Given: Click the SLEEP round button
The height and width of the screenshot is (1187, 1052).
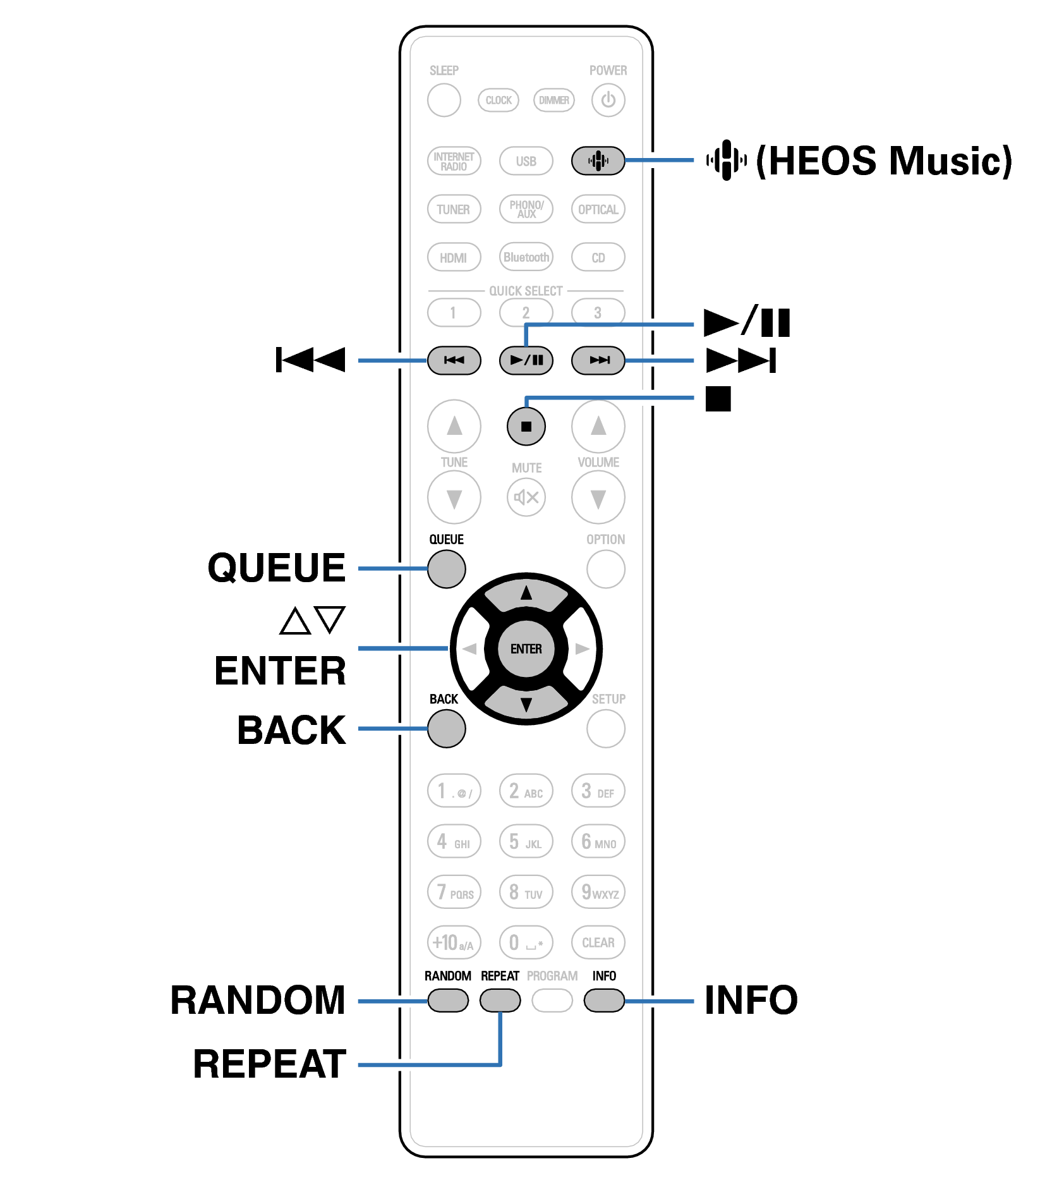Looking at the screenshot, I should pyautogui.click(x=444, y=100).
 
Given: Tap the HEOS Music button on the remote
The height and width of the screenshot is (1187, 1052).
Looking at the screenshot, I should pyautogui.click(x=597, y=161).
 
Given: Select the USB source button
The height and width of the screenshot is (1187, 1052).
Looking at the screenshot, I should pyautogui.click(x=526, y=161).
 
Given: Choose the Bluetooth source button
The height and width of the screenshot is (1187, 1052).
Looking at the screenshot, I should pyautogui.click(x=526, y=257).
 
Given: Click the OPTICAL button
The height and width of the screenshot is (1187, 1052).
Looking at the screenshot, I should pyautogui.click(x=597, y=209).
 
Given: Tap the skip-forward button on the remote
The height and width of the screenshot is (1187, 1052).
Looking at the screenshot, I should pyautogui.click(x=597, y=360).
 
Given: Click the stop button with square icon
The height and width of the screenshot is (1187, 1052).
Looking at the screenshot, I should pyautogui.click(x=526, y=427).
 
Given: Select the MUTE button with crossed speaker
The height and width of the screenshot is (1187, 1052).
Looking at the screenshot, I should pyautogui.click(x=526, y=497).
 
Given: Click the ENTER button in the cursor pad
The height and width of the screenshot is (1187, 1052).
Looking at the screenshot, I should pyautogui.click(x=526, y=649).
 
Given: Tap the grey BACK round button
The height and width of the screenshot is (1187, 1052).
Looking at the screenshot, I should pyautogui.click(x=446, y=729).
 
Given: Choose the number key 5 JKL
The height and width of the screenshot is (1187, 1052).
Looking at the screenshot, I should pyautogui.click(x=526, y=842).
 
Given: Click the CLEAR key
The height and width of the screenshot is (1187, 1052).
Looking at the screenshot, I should pyautogui.click(x=597, y=942).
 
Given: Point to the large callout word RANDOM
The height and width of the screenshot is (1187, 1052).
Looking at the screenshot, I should pyautogui.click(x=258, y=1001).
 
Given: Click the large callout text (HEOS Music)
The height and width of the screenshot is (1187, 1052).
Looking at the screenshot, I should pyautogui.click(x=883, y=161).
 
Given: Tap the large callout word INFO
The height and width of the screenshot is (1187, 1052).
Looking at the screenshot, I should pyautogui.click(x=751, y=1001).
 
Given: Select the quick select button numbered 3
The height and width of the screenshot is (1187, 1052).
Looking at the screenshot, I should pyautogui.click(x=597, y=312).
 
